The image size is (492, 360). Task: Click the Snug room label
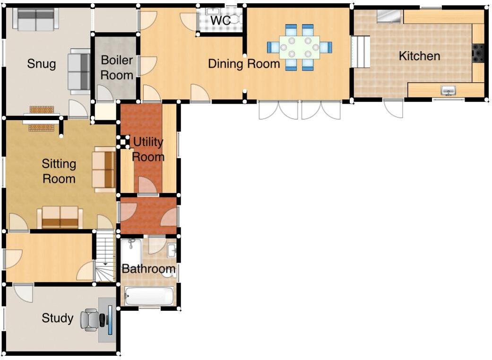(x=42, y=64)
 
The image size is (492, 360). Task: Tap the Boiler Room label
(x=117, y=68)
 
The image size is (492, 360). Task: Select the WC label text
(x=220, y=21)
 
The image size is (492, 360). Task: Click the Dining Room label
(x=244, y=63)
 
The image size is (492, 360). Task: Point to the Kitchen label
(x=419, y=56)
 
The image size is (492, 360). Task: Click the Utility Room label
(x=148, y=149)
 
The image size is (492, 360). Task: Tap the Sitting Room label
(x=59, y=171)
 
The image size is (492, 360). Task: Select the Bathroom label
(x=148, y=269)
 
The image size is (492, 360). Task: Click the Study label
(x=57, y=318)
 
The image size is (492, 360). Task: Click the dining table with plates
(x=299, y=47)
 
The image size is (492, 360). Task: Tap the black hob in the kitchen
(x=478, y=53)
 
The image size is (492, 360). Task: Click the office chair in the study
(x=91, y=319)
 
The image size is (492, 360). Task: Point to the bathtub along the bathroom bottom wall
(x=149, y=297)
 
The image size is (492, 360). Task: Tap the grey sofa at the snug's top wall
(x=35, y=19)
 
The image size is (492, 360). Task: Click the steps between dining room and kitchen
(x=360, y=52)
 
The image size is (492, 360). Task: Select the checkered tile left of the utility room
(x=123, y=141)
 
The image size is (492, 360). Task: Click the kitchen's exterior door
(x=394, y=108)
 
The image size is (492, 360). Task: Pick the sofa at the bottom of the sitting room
(x=60, y=217)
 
